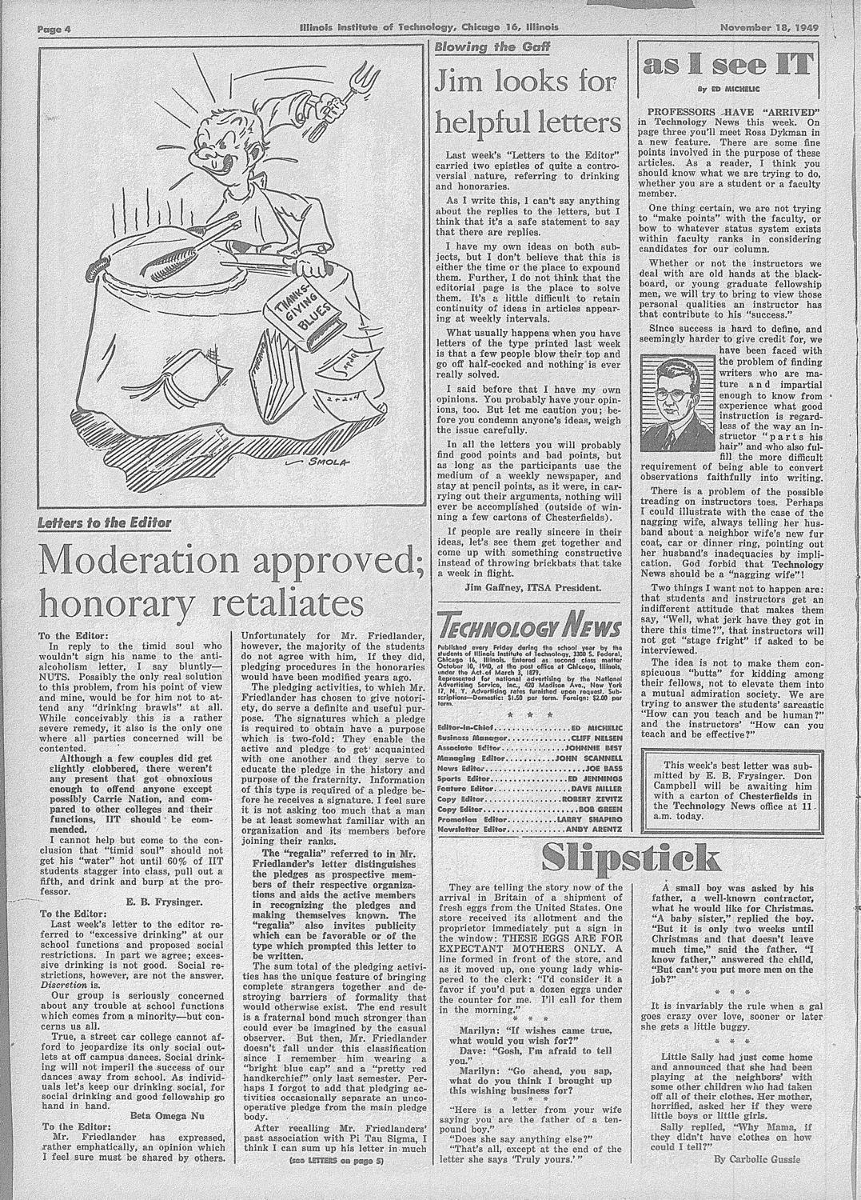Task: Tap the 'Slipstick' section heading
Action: tap(630, 857)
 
